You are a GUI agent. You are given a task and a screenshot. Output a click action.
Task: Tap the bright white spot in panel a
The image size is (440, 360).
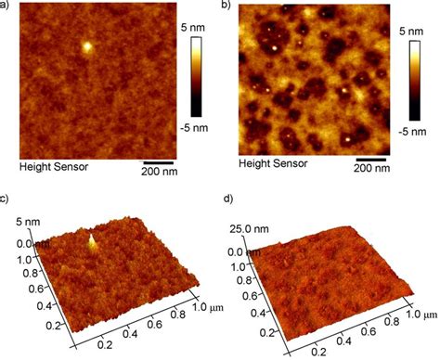pyautogui.click(x=86, y=45)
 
